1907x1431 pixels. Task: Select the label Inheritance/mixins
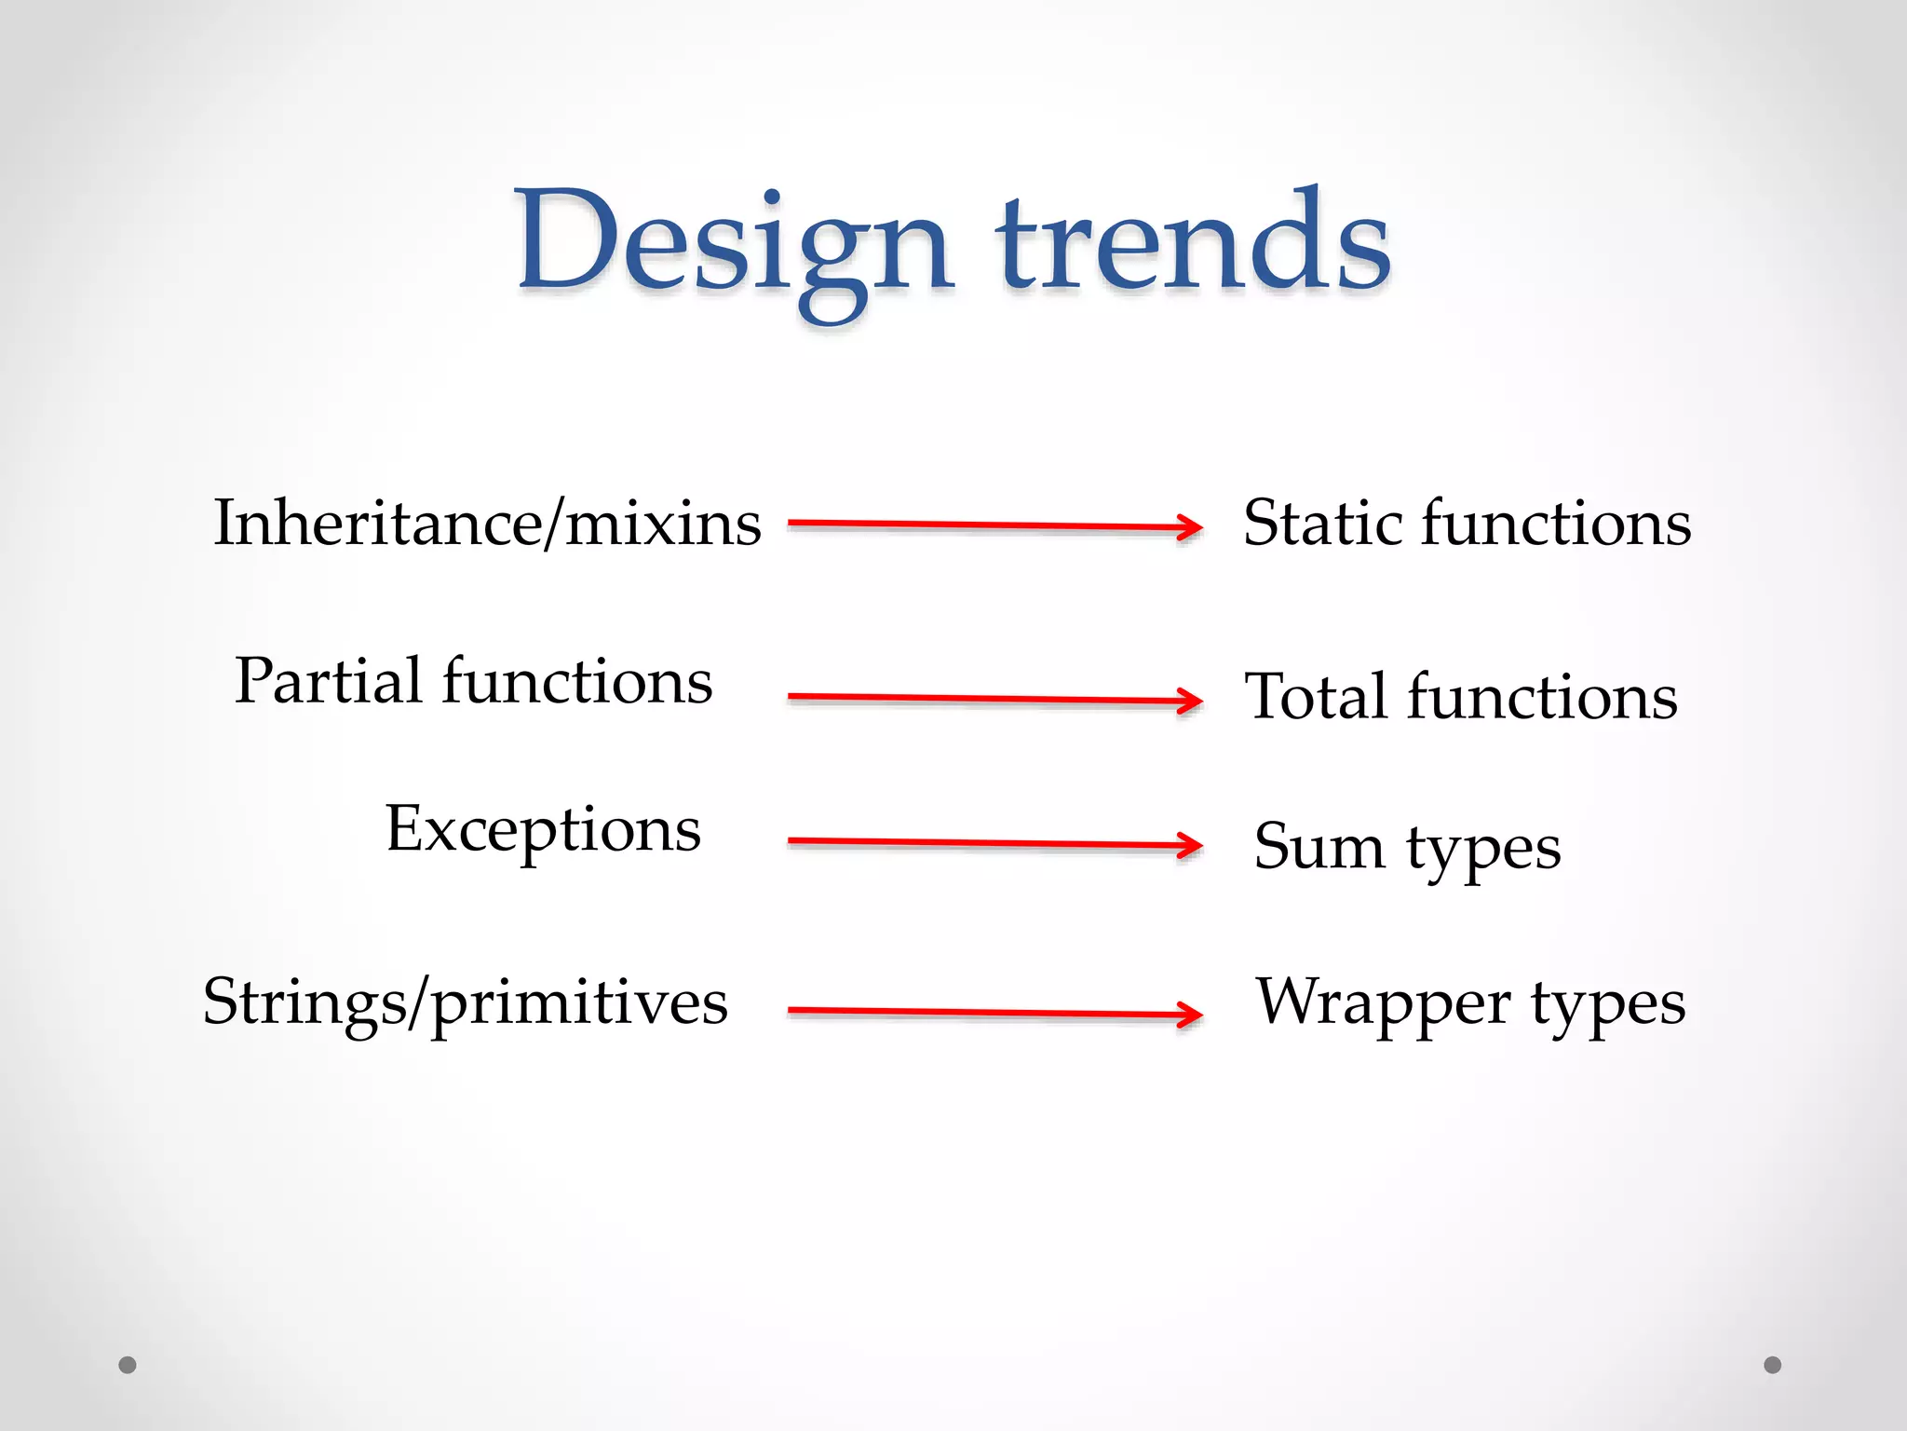pyautogui.click(x=487, y=524)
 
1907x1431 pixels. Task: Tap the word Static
pyautogui.click(x=1322, y=523)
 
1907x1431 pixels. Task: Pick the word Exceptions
pyautogui.click(x=543, y=829)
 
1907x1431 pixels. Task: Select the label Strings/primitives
pyautogui.click(x=465, y=1004)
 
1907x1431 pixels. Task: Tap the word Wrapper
pyautogui.click(x=1383, y=1003)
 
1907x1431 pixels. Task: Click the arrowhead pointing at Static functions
pyautogui.click(x=1190, y=528)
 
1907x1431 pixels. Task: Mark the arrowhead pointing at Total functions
pyautogui.click(x=1190, y=702)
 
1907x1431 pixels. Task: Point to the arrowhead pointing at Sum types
pyautogui.click(x=1190, y=846)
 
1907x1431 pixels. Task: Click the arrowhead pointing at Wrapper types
pyautogui.click(x=1190, y=1014)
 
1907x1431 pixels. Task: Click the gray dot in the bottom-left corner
pyautogui.click(x=128, y=1365)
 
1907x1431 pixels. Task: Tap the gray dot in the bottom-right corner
pyautogui.click(x=1773, y=1365)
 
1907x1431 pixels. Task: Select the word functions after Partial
pyautogui.click(x=577, y=681)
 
